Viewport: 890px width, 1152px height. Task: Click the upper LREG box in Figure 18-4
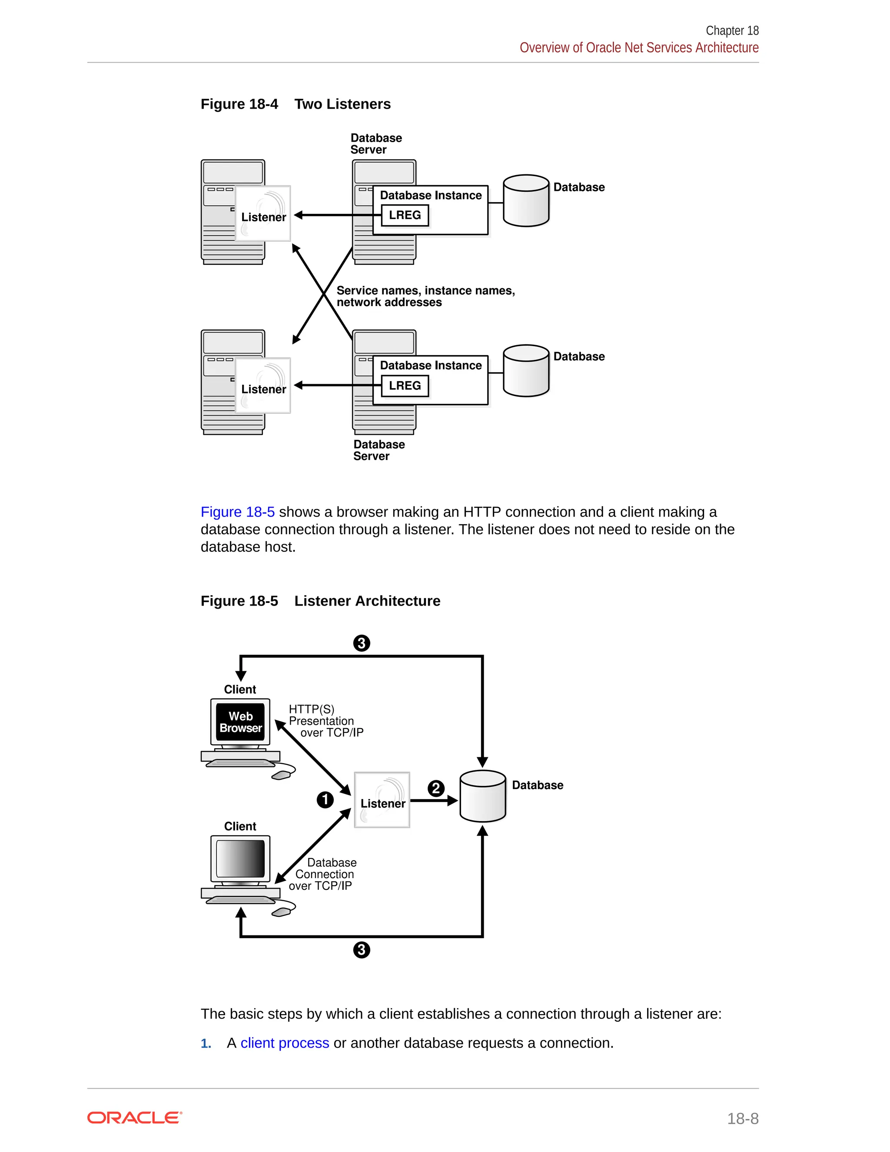pos(405,215)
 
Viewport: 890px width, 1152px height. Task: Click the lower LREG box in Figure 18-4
pos(405,386)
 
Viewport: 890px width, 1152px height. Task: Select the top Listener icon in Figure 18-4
pos(262,213)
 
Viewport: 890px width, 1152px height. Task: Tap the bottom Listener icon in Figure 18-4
pos(262,386)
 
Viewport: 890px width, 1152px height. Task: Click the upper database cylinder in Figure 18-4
pos(526,201)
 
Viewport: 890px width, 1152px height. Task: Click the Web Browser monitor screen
pos(240,722)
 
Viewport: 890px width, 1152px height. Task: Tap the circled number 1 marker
pos(325,799)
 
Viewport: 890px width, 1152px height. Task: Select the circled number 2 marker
pos(435,789)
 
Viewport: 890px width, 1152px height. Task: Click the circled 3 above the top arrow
pos(361,643)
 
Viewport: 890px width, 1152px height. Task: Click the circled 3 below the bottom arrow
pos(361,950)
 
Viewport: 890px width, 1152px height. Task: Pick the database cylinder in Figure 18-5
pos(482,796)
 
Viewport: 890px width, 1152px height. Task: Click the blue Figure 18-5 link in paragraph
pos(237,512)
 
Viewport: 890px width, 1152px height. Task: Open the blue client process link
pos(285,1043)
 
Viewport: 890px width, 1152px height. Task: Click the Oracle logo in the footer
pos(134,1118)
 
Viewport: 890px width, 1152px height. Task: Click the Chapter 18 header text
pos(732,30)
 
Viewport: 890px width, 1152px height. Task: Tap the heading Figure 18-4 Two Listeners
pos(295,104)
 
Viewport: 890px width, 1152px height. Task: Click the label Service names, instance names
pos(425,291)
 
